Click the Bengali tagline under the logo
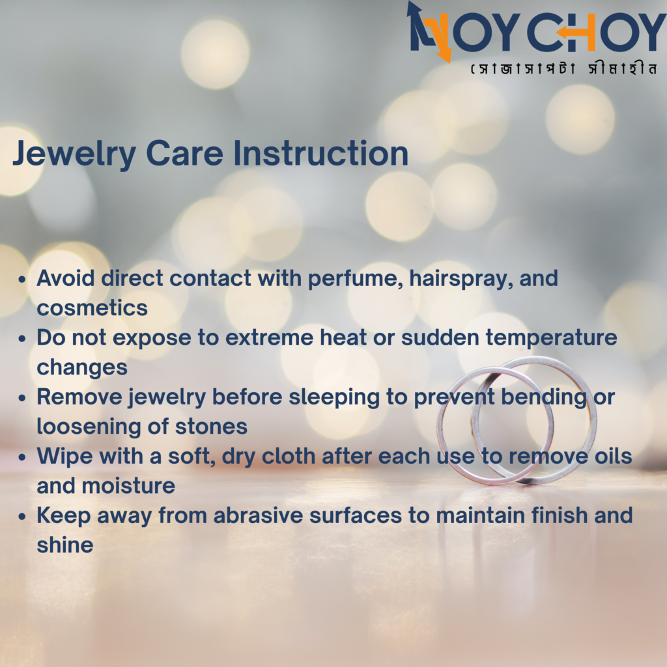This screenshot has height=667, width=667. [564, 68]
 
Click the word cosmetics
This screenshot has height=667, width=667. [92, 308]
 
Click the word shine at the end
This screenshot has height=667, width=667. [64, 545]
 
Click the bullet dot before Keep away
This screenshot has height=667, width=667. [22, 517]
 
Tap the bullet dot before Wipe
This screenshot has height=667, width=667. [22, 457]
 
